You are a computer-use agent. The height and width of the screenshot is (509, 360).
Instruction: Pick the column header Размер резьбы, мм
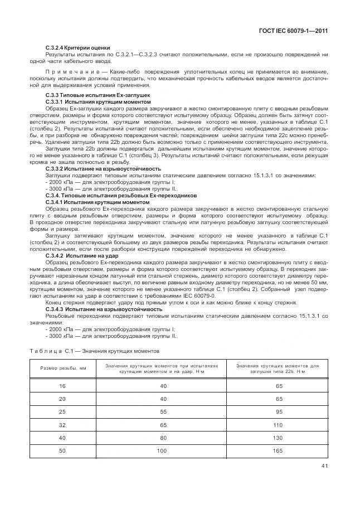(x=62, y=369)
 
